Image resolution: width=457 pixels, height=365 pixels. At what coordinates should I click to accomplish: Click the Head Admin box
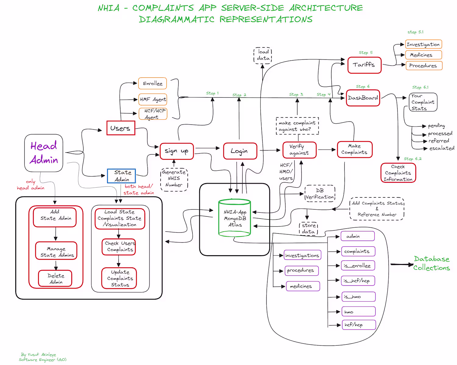44,153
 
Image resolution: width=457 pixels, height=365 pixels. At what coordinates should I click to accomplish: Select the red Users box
121,128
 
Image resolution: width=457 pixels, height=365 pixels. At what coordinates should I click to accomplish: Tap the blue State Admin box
121,176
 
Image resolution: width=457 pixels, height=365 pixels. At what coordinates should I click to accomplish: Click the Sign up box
177,151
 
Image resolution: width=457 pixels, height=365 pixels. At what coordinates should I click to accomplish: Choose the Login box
240,151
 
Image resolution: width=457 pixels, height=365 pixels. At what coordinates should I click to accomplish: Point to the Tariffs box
364,65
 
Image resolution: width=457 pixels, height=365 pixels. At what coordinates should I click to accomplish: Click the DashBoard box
363,98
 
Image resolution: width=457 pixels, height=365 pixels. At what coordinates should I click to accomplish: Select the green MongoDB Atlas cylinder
235,218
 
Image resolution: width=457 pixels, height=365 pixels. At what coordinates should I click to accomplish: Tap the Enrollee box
153,83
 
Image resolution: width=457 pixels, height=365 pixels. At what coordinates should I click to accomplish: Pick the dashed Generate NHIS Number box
174,179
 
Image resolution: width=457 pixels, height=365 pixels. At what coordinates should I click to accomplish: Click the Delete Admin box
55,279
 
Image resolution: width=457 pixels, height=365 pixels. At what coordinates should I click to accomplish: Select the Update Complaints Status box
119,278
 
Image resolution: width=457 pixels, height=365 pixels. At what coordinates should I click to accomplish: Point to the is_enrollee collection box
358,266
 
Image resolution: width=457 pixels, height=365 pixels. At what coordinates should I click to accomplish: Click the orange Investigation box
423,44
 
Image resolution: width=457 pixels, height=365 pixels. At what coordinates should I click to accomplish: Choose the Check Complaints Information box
398,173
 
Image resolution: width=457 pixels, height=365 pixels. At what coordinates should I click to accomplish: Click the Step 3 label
296,94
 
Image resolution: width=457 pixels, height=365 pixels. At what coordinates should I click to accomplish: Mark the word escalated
442,148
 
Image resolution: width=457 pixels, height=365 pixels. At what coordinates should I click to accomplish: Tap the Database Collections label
431,263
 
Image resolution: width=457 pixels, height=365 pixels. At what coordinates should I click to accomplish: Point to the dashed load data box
263,55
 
